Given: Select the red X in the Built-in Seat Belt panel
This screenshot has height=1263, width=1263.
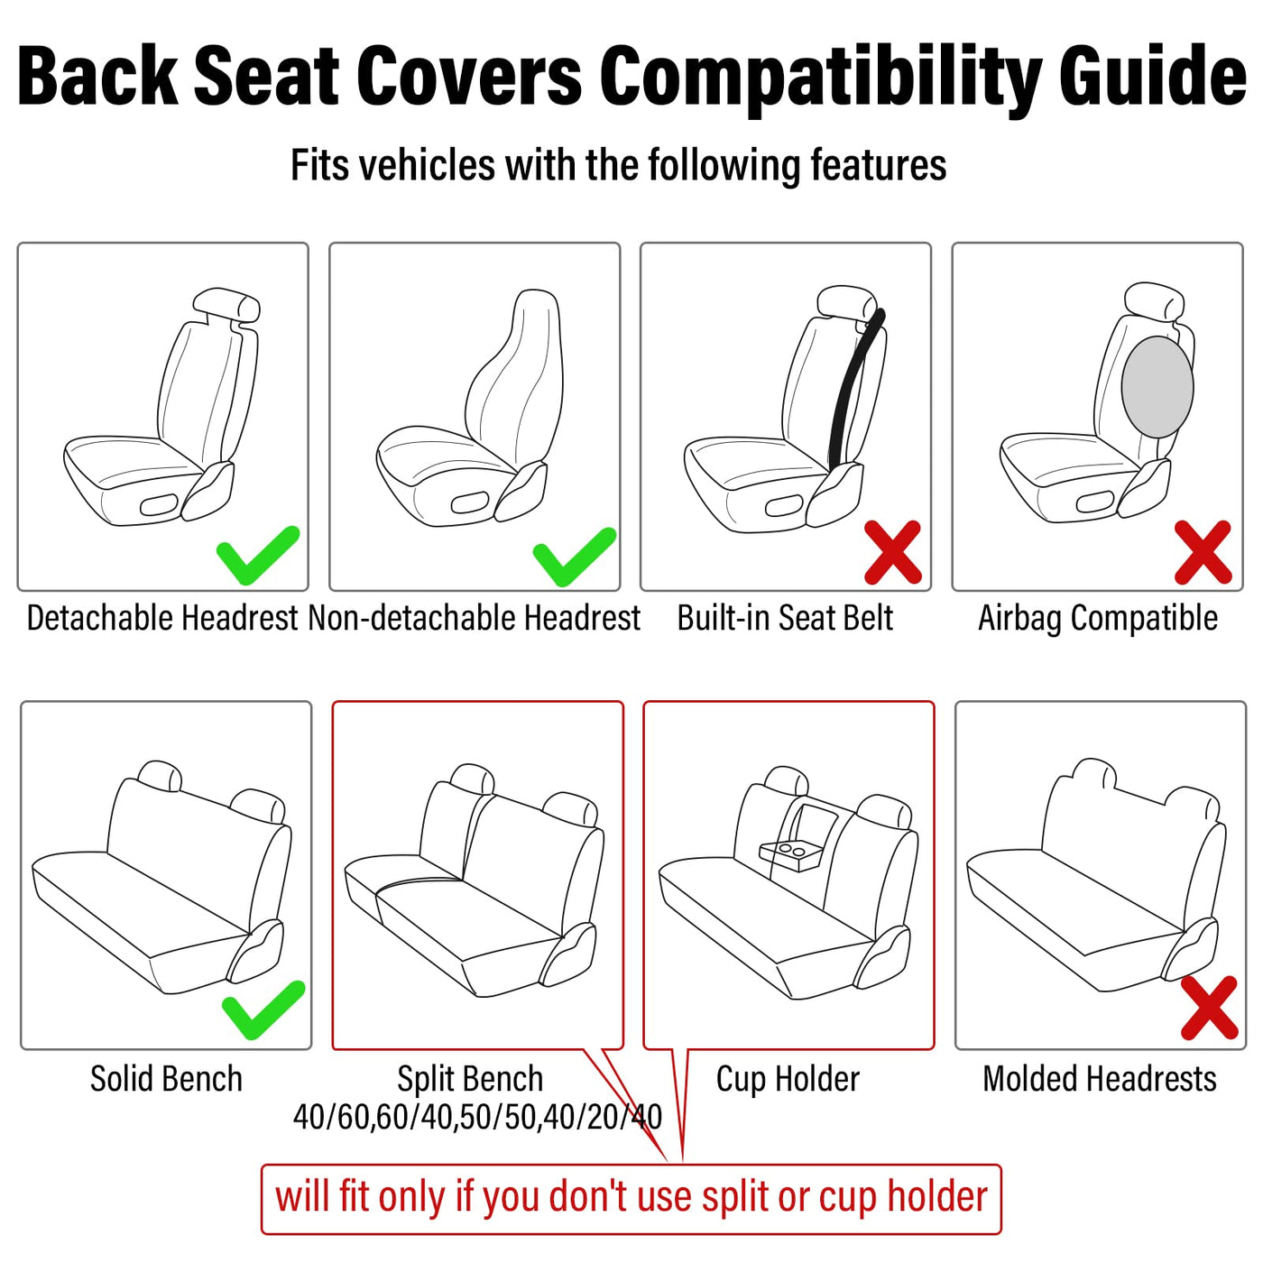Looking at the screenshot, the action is (x=893, y=552).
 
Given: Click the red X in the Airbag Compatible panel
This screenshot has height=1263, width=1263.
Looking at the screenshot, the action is (x=1202, y=552).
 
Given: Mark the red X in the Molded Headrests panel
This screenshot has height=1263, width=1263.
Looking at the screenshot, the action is (x=1209, y=1008).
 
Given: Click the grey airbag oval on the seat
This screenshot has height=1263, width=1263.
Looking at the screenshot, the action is (x=1157, y=387).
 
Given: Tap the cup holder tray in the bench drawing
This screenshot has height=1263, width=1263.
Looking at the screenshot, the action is (x=789, y=854).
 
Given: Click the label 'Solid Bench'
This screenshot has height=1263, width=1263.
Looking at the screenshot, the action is (x=166, y=1079).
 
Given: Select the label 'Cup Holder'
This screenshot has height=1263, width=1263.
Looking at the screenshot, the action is (x=788, y=1079).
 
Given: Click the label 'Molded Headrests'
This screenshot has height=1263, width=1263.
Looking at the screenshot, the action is (x=1099, y=1079).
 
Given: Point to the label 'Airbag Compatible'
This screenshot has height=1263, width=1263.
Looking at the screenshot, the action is (x=1098, y=618).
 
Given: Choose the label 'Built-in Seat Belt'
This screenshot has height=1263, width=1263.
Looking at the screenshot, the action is (x=785, y=618).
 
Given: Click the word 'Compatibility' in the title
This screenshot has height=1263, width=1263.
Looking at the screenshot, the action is (x=821, y=77).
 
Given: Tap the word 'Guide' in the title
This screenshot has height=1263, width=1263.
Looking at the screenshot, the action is (x=1152, y=75).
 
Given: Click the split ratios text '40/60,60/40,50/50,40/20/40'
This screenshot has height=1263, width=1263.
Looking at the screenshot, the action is (x=477, y=1118).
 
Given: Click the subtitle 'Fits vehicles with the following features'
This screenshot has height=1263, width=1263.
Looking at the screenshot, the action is (x=618, y=164).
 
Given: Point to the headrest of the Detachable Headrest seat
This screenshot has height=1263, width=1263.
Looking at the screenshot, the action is (x=226, y=306).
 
